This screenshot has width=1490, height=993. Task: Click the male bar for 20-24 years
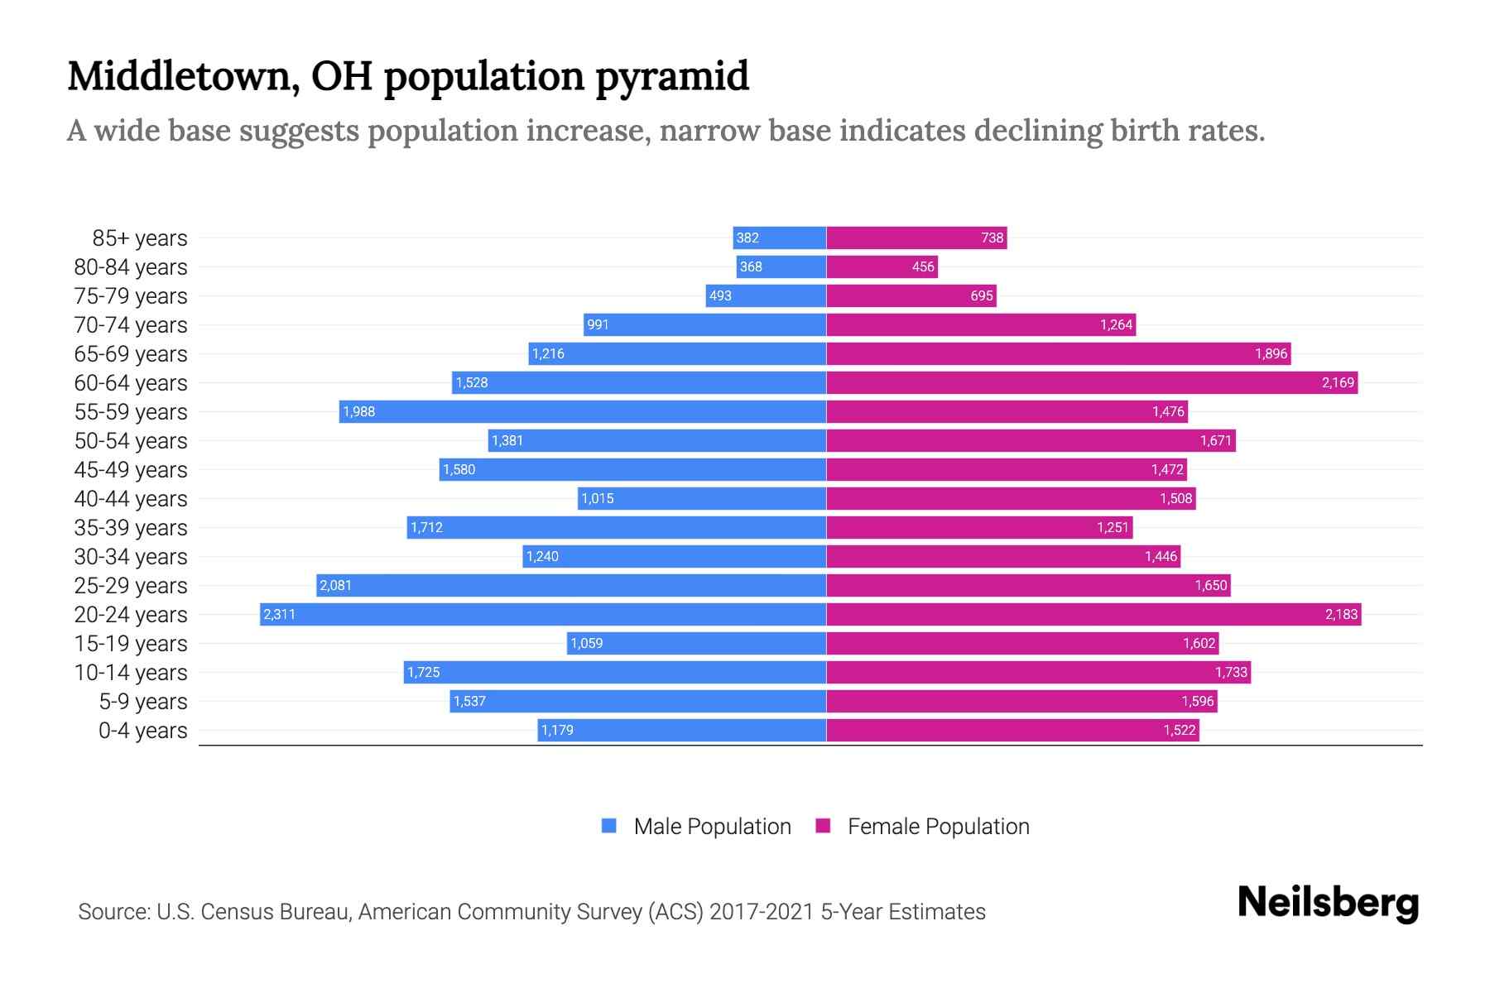coord(543,614)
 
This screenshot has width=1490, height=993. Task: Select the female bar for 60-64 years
coord(1092,382)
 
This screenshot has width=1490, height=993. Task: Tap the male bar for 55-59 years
coord(583,411)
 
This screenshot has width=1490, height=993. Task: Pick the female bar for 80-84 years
coord(882,266)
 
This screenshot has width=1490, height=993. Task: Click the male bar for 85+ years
coord(780,237)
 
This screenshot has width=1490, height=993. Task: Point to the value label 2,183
coord(1341,614)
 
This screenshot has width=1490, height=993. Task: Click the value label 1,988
coord(359,411)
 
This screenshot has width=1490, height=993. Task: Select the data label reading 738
coord(992,237)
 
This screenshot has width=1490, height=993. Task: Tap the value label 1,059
coord(587,643)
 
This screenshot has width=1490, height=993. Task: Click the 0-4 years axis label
coord(142,730)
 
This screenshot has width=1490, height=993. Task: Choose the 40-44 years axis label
coord(131,498)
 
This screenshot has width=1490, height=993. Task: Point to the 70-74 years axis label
coord(131,324)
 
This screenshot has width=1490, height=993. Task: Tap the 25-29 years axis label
coord(131,585)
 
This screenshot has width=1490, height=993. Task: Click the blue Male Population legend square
coord(609,826)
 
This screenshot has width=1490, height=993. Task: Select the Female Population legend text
coord(938,826)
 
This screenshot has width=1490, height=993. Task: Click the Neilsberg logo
coord(1328,902)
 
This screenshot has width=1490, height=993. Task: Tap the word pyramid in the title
coord(671,76)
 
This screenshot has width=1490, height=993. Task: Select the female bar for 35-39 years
coord(979,527)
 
